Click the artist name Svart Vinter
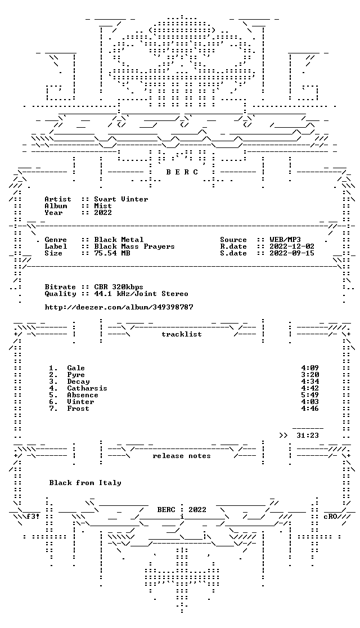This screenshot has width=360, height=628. [121, 199]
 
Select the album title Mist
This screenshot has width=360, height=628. [103, 206]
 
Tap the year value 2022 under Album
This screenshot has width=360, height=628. [103, 213]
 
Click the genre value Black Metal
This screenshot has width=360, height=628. [119, 240]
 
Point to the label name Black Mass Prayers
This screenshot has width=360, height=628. [134, 246]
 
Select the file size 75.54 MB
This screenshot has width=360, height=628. [112, 253]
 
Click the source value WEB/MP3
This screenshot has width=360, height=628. [285, 240]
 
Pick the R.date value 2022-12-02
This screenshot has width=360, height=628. [292, 246]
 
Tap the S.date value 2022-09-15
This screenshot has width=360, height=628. [292, 253]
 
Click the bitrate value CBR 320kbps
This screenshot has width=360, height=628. [119, 287]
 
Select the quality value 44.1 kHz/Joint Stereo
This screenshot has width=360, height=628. [141, 294]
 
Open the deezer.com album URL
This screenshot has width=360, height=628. [119, 307]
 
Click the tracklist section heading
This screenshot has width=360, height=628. [181, 334]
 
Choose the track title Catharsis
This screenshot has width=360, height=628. [87, 388]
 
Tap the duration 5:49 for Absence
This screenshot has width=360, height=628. [310, 395]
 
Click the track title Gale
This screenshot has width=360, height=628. [76, 368]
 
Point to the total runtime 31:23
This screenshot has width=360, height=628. [308, 436]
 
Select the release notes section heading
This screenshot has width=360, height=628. [181, 456]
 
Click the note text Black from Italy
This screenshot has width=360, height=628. [85, 483]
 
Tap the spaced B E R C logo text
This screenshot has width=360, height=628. [182, 172]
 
